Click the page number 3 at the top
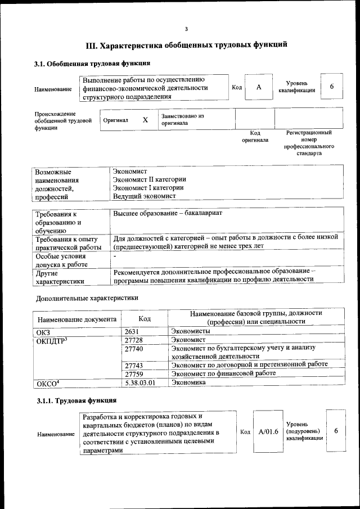point(186,29)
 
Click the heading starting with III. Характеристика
point(186,45)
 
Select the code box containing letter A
point(259,87)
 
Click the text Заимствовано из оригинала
point(182,119)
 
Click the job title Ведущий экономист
point(145,196)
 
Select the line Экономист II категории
point(150,179)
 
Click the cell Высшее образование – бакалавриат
point(168,214)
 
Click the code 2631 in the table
point(132,332)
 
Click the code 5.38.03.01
point(139,382)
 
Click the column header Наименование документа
point(76,319)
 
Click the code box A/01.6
point(268,431)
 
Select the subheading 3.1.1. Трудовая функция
point(76,400)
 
